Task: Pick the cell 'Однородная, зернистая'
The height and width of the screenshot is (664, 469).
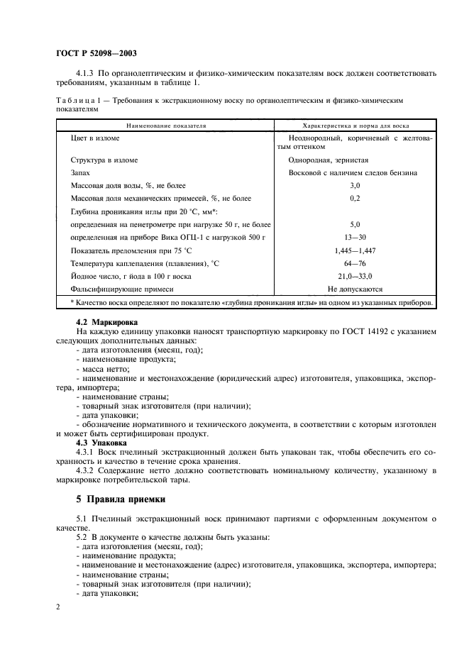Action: point(328,160)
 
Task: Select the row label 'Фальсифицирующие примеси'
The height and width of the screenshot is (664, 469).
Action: point(122,289)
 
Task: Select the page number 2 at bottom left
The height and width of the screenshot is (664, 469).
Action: point(59,607)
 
